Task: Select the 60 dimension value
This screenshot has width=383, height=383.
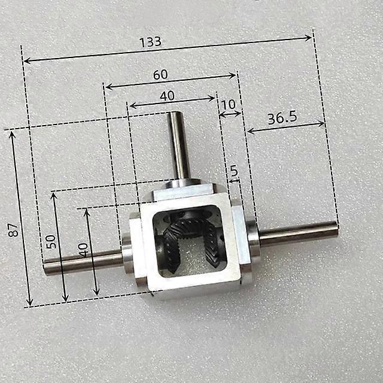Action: [160, 75]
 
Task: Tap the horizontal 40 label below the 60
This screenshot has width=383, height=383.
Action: [167, 95]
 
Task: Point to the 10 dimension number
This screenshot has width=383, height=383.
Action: [228, 104]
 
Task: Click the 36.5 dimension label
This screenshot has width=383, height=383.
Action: [282, 117]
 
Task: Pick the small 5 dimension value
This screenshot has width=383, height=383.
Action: [234, 171]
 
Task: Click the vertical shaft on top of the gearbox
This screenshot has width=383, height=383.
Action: [179, 147]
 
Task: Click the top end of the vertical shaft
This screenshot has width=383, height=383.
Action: [175, 114]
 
